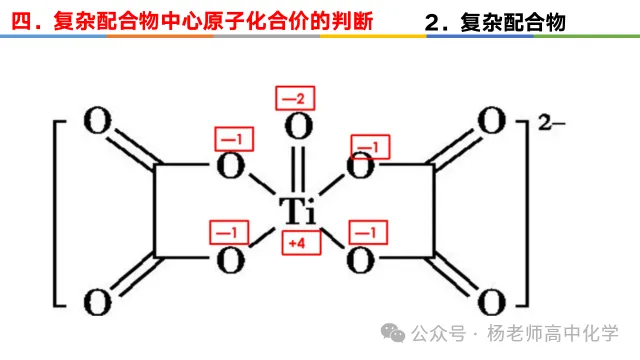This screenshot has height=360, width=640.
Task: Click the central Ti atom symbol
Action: click(298, 211)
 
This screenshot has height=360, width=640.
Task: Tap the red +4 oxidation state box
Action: click(301, 243)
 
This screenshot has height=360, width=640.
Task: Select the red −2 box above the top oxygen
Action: click(295, 98)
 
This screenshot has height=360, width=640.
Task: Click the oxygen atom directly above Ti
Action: click(299, 127)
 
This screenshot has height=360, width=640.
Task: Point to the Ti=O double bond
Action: click(298, 169)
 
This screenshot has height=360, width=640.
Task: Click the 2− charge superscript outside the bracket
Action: click(551, 122)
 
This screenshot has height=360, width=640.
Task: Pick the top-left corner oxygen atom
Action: click(98, 120)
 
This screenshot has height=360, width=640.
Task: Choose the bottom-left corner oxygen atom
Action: click(98, 302)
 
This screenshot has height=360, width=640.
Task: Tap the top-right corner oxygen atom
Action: click(491, 120)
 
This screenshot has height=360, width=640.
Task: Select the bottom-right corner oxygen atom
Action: click(491, 302)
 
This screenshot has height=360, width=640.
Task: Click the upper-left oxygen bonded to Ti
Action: click(231, 166)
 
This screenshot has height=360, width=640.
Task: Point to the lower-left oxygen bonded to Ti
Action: click(231, 260)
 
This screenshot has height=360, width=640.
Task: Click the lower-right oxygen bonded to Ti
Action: click(360, 260)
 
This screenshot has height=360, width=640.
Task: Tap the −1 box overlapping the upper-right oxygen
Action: click(371, 147)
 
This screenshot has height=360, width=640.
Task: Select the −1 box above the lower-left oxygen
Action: click(229, 233)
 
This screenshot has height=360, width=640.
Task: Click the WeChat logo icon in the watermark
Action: click(393, 333)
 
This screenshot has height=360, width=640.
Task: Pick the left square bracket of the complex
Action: click(55, 213)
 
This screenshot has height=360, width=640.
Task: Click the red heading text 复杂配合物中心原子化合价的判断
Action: click(213, 20)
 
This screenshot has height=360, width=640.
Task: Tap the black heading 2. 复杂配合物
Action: click(495, 22)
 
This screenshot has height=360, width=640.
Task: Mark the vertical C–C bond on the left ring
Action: click(155, 211)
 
